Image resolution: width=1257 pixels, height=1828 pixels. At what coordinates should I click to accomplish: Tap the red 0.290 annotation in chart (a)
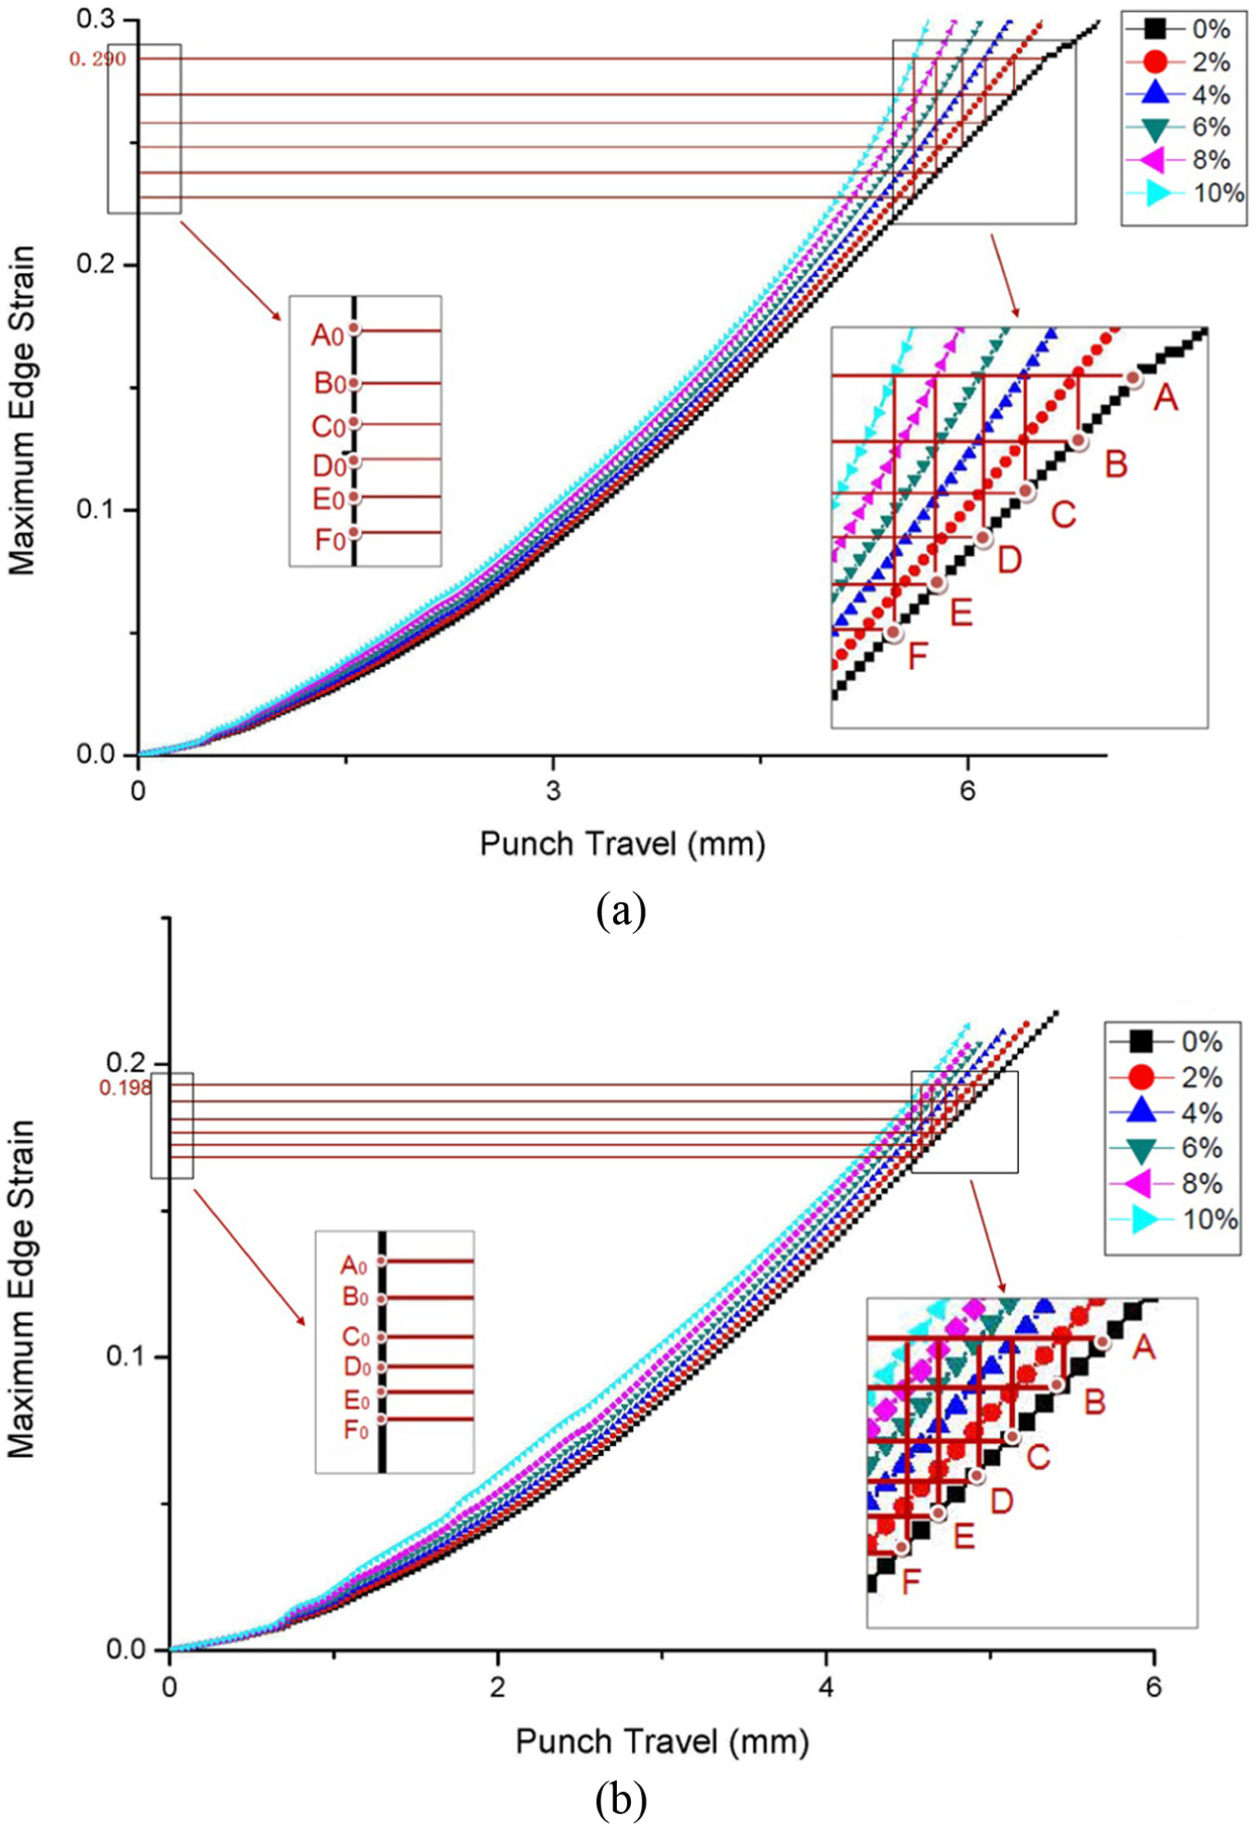[x=98, y=59]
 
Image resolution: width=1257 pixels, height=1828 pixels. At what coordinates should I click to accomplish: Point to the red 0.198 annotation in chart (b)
[x=126, y=1088]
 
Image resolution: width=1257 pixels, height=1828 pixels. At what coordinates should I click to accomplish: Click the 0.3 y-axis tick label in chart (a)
[x=95, y=19]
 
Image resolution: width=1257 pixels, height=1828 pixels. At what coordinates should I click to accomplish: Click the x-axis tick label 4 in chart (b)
[x=826, y=1688]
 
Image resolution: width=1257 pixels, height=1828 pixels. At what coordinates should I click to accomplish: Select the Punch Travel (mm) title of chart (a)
[x=622, y=843]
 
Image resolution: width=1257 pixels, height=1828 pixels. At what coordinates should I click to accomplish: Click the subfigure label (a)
[x=621, y=912]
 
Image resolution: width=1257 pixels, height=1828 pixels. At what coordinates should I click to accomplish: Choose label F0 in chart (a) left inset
[x=330, y=539]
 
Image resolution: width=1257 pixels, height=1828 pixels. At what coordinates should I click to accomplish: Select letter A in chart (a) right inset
[x=1166, y=398]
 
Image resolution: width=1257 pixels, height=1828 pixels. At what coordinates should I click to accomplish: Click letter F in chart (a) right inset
[x=917, y=657]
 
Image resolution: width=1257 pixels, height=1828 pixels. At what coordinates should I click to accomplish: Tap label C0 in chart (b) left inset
[x=356, y=1338]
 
